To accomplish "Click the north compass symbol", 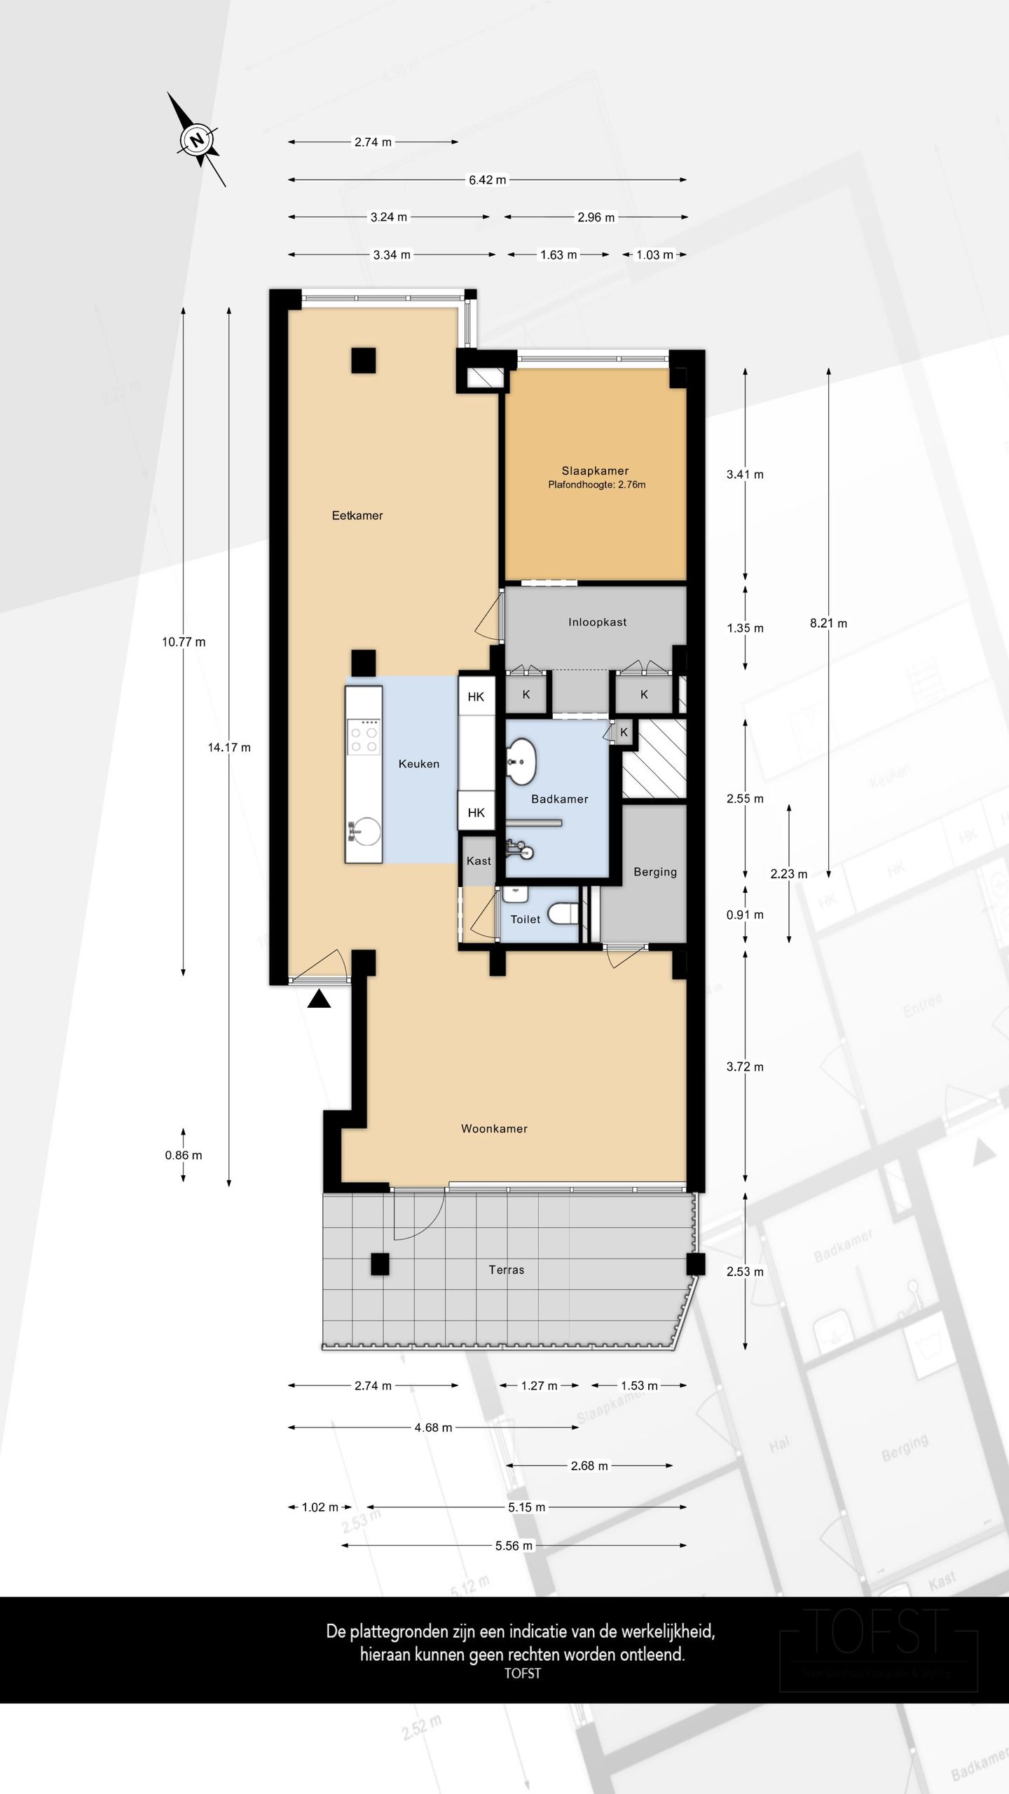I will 197,139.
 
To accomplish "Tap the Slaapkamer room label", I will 595,471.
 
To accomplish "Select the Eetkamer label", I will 357,516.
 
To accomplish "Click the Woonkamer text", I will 494,1128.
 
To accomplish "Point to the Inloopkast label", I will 597,622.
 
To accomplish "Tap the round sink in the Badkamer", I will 521,760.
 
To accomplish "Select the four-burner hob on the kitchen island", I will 364,739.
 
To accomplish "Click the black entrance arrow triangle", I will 319,999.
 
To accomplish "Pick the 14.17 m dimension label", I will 229,748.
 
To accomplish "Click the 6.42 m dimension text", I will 487,180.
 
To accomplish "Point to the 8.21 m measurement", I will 828,623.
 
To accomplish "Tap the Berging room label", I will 655,872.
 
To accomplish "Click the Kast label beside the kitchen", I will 479,861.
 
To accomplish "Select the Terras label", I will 506,1269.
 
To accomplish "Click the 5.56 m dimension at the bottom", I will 514,1545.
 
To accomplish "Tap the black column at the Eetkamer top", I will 363,360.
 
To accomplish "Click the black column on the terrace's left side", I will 380,1264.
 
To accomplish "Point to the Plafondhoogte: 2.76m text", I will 597,485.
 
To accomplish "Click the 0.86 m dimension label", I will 184,1155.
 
